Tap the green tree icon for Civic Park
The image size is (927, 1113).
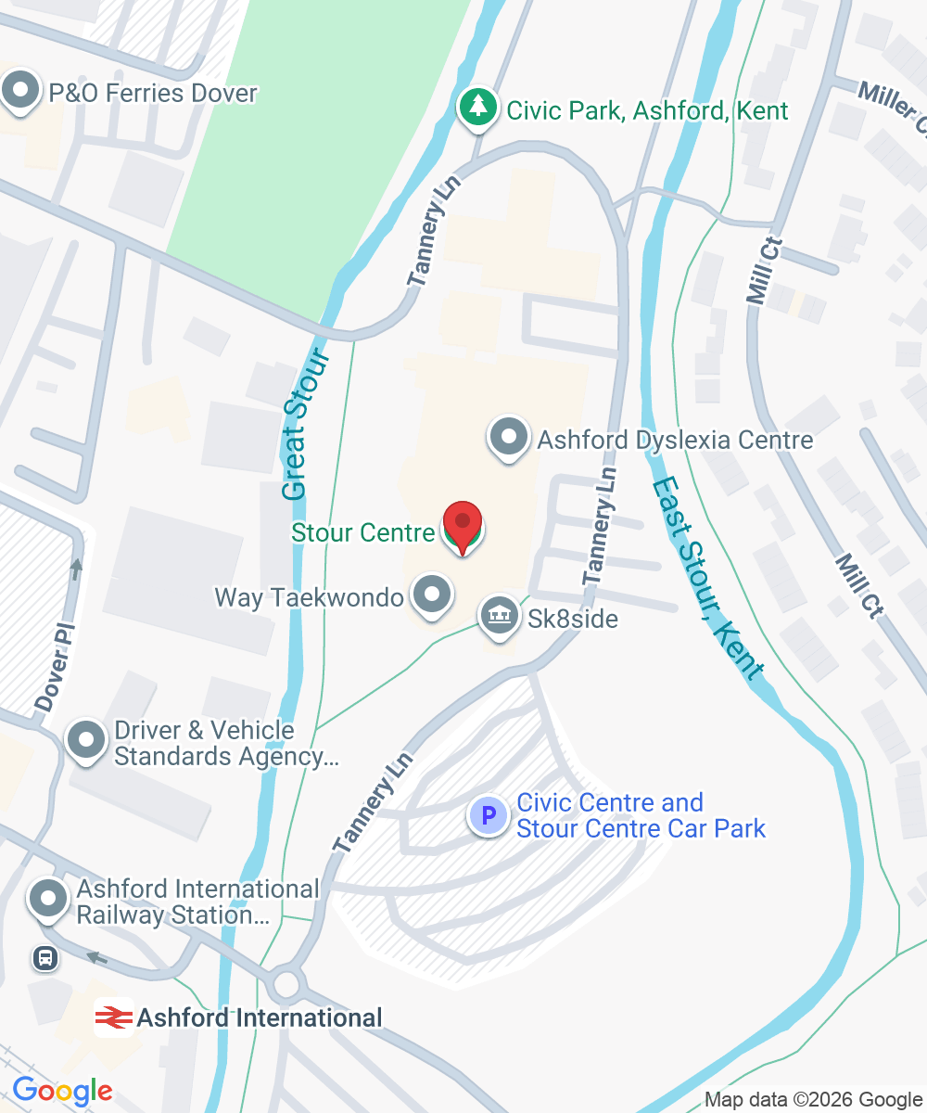[477, 109]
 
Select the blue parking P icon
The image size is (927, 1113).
[488, 816]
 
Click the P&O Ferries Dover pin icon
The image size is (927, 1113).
[20, 93]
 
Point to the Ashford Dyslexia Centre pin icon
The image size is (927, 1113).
[508, 437]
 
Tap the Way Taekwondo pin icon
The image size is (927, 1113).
[430, 595]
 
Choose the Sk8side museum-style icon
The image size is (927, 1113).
[500, 617]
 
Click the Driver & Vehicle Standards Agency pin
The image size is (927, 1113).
[88, 741]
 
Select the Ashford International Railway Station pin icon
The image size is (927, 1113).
[48, 899]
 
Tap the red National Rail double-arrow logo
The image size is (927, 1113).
[114, 1017]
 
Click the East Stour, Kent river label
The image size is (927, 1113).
[710, 580]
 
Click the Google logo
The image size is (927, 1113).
[62, 1091]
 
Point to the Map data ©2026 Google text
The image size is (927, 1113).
[813, 1100]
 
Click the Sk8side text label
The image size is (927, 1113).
[573, 619]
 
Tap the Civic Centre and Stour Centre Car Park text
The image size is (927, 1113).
[641, 815]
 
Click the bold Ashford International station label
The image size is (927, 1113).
[260, 1017]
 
